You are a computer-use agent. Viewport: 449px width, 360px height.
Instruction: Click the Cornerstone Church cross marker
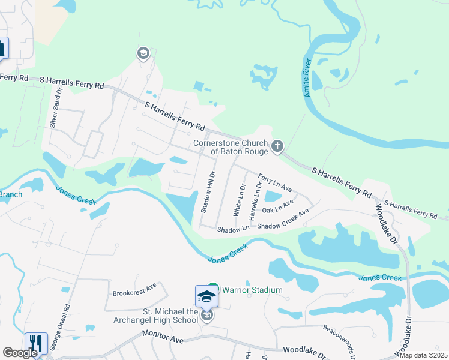277,146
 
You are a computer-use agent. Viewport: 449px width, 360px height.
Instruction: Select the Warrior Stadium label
252,290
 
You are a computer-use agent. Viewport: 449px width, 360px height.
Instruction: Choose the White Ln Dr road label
238,200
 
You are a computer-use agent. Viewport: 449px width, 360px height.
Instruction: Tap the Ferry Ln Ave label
275,183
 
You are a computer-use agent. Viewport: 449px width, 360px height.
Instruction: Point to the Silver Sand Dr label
55,107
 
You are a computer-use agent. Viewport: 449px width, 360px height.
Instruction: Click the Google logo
20,353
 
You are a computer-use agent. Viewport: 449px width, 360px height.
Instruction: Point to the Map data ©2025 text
424,355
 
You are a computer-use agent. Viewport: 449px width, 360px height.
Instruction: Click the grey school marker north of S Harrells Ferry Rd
143,54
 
